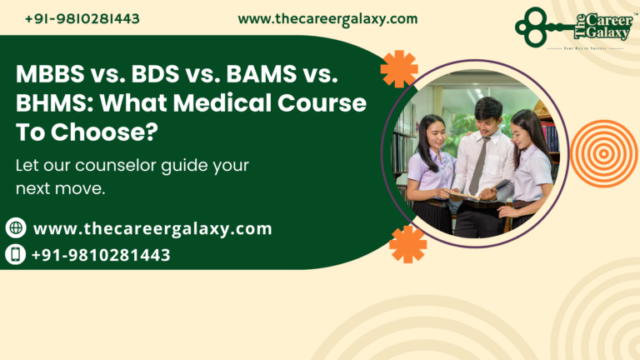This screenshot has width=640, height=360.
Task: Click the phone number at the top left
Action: click(82, 18)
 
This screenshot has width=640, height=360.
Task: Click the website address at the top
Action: click(327, 18)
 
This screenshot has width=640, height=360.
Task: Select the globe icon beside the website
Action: click(16, 227)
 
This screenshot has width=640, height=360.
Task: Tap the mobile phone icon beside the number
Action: click(16, 254)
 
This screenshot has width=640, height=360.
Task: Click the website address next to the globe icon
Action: click(152, 228)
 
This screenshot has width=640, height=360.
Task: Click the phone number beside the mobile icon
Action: click(101, 255)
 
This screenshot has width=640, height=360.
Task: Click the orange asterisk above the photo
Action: click(399, 68)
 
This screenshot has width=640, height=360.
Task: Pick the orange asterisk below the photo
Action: click(407, 244)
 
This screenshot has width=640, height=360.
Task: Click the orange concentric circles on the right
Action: click(604, 153)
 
